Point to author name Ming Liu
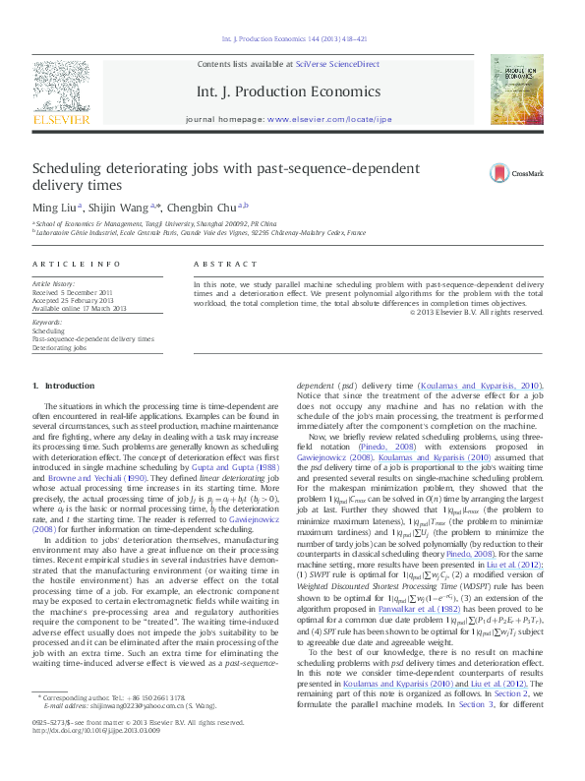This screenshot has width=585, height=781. [54, 207]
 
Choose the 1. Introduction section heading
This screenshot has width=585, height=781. [63, 384]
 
